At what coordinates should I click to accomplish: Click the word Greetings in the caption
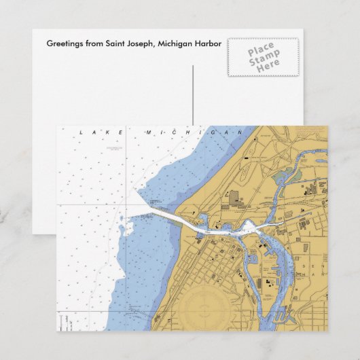pyautogui.click(x=62, y=43)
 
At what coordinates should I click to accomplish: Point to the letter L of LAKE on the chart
pyautogui.click(x=81, y=132)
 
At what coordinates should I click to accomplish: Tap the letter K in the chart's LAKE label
pyautogui.click(x=108, y=132)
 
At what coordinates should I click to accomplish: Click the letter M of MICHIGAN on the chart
pyautogui.click(x=147, y=132)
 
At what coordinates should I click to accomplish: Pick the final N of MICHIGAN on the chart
pyautogui.click(x=239, y=132)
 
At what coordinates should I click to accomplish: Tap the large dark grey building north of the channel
pyautogui.click(x=234, y=198)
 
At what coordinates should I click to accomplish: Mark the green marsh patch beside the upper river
pyautogui.click(x=281, y=178)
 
